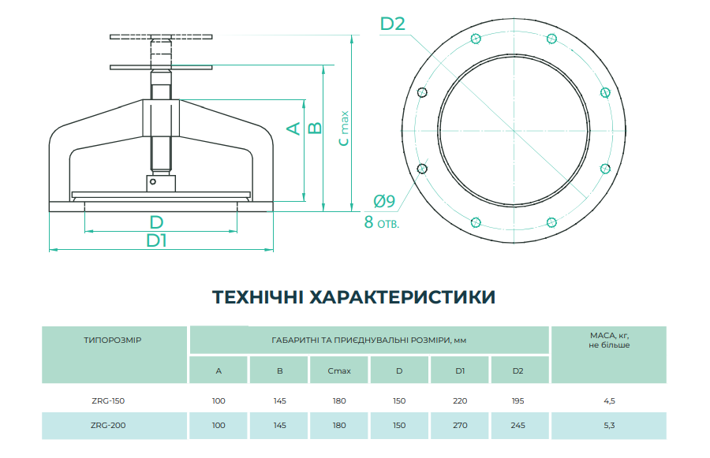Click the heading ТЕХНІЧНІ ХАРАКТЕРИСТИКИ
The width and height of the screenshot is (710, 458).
(354, 297)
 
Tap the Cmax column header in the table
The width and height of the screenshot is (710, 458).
(339, 370)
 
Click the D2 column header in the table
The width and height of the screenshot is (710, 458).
(518, 370)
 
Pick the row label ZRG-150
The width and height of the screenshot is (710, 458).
(108, 401)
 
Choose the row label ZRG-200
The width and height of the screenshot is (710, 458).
(108, 425)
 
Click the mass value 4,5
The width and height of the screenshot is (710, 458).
(608, 401)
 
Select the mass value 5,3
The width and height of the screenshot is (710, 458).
(608, 425)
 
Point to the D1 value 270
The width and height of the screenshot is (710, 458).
(460, 425)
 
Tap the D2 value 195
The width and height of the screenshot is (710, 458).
(518, 401)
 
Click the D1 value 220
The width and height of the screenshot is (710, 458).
(460, 401)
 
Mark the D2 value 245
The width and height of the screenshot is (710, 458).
(518, 425)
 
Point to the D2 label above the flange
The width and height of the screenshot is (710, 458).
(393, 24)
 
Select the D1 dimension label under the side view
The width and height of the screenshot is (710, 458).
(156, 241)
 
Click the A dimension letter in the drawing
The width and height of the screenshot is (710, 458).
(293, 128)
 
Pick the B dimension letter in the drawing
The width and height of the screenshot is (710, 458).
(314, 128)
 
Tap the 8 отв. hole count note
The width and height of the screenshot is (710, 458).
(381, 222)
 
